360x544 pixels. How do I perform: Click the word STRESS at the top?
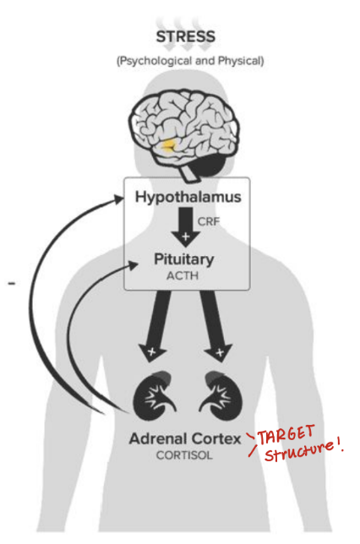[186, 37]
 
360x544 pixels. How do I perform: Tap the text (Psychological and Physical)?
[186, 61]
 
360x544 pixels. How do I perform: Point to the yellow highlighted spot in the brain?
[172, 146]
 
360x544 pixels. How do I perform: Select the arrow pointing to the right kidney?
[215, 325]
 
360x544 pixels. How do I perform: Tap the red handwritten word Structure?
[300, 457]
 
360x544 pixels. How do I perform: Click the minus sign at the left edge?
[11, 285]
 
